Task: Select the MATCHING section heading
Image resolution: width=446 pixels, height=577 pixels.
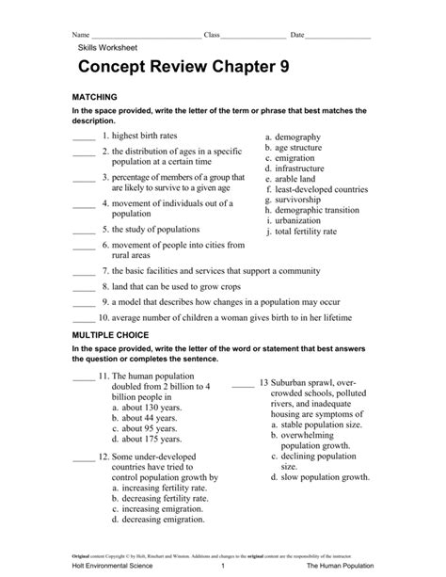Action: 94,97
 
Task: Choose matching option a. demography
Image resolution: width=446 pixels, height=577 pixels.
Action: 299,136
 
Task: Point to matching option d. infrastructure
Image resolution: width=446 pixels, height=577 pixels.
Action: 302,168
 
